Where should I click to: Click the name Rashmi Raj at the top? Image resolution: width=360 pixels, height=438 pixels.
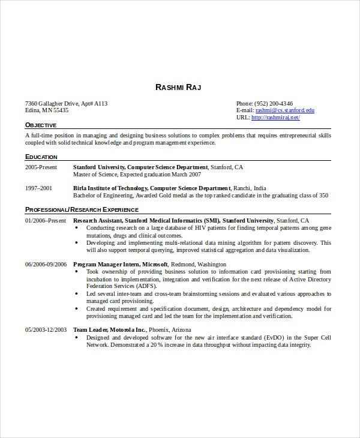(x=178, y=88)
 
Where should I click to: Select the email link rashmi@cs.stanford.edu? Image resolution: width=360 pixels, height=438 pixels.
(x=284, y=110)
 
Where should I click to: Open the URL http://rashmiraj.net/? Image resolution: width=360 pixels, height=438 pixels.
(x=275, y=118)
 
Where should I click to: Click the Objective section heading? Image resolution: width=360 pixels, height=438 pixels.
(x=41, y=125)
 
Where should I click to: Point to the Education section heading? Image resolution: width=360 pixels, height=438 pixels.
(x=41, y=157)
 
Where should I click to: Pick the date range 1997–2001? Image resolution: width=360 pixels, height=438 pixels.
(x=38, y=188)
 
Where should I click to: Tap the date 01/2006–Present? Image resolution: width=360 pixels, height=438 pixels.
(x=45, y=220)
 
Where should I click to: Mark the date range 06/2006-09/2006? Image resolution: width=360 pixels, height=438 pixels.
(x=46, y=264)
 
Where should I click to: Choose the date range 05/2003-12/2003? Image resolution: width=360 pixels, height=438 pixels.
(x=46, y=330)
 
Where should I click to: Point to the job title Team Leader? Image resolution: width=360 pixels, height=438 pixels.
(x=91, y=330)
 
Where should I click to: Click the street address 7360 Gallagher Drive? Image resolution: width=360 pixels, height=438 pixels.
(x=56, y=103)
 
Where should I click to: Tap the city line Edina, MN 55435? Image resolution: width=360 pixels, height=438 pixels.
(x=47, y=110)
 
